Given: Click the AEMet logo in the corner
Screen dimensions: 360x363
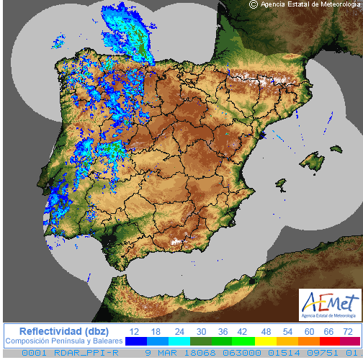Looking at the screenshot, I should [x=329, y=305].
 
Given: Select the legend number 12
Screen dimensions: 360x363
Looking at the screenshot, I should [x=134, y=330].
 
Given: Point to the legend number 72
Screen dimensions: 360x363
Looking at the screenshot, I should [x=348, y=330].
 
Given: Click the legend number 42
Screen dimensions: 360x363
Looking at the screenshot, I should [x=241, y=330].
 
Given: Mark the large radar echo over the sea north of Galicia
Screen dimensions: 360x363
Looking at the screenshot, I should [x=126, y=32].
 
